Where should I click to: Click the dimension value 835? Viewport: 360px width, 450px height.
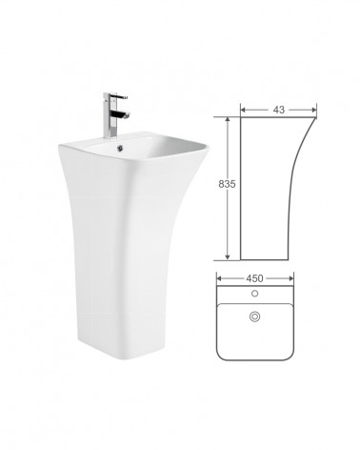coord(227,184)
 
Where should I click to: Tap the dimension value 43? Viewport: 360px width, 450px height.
coord(279,110)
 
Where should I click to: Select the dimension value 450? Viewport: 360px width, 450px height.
coord(254,278)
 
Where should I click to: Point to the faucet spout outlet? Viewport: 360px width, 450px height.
coord(128,116)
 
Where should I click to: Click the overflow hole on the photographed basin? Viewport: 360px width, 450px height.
coord(120,148)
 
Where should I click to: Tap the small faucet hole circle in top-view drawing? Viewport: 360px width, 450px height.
coord(254,294)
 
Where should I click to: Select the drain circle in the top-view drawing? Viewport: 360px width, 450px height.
coord(254,317)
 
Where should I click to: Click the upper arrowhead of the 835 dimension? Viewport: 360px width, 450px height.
coord(228,120)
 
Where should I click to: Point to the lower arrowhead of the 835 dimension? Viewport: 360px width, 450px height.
coord(228,256)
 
